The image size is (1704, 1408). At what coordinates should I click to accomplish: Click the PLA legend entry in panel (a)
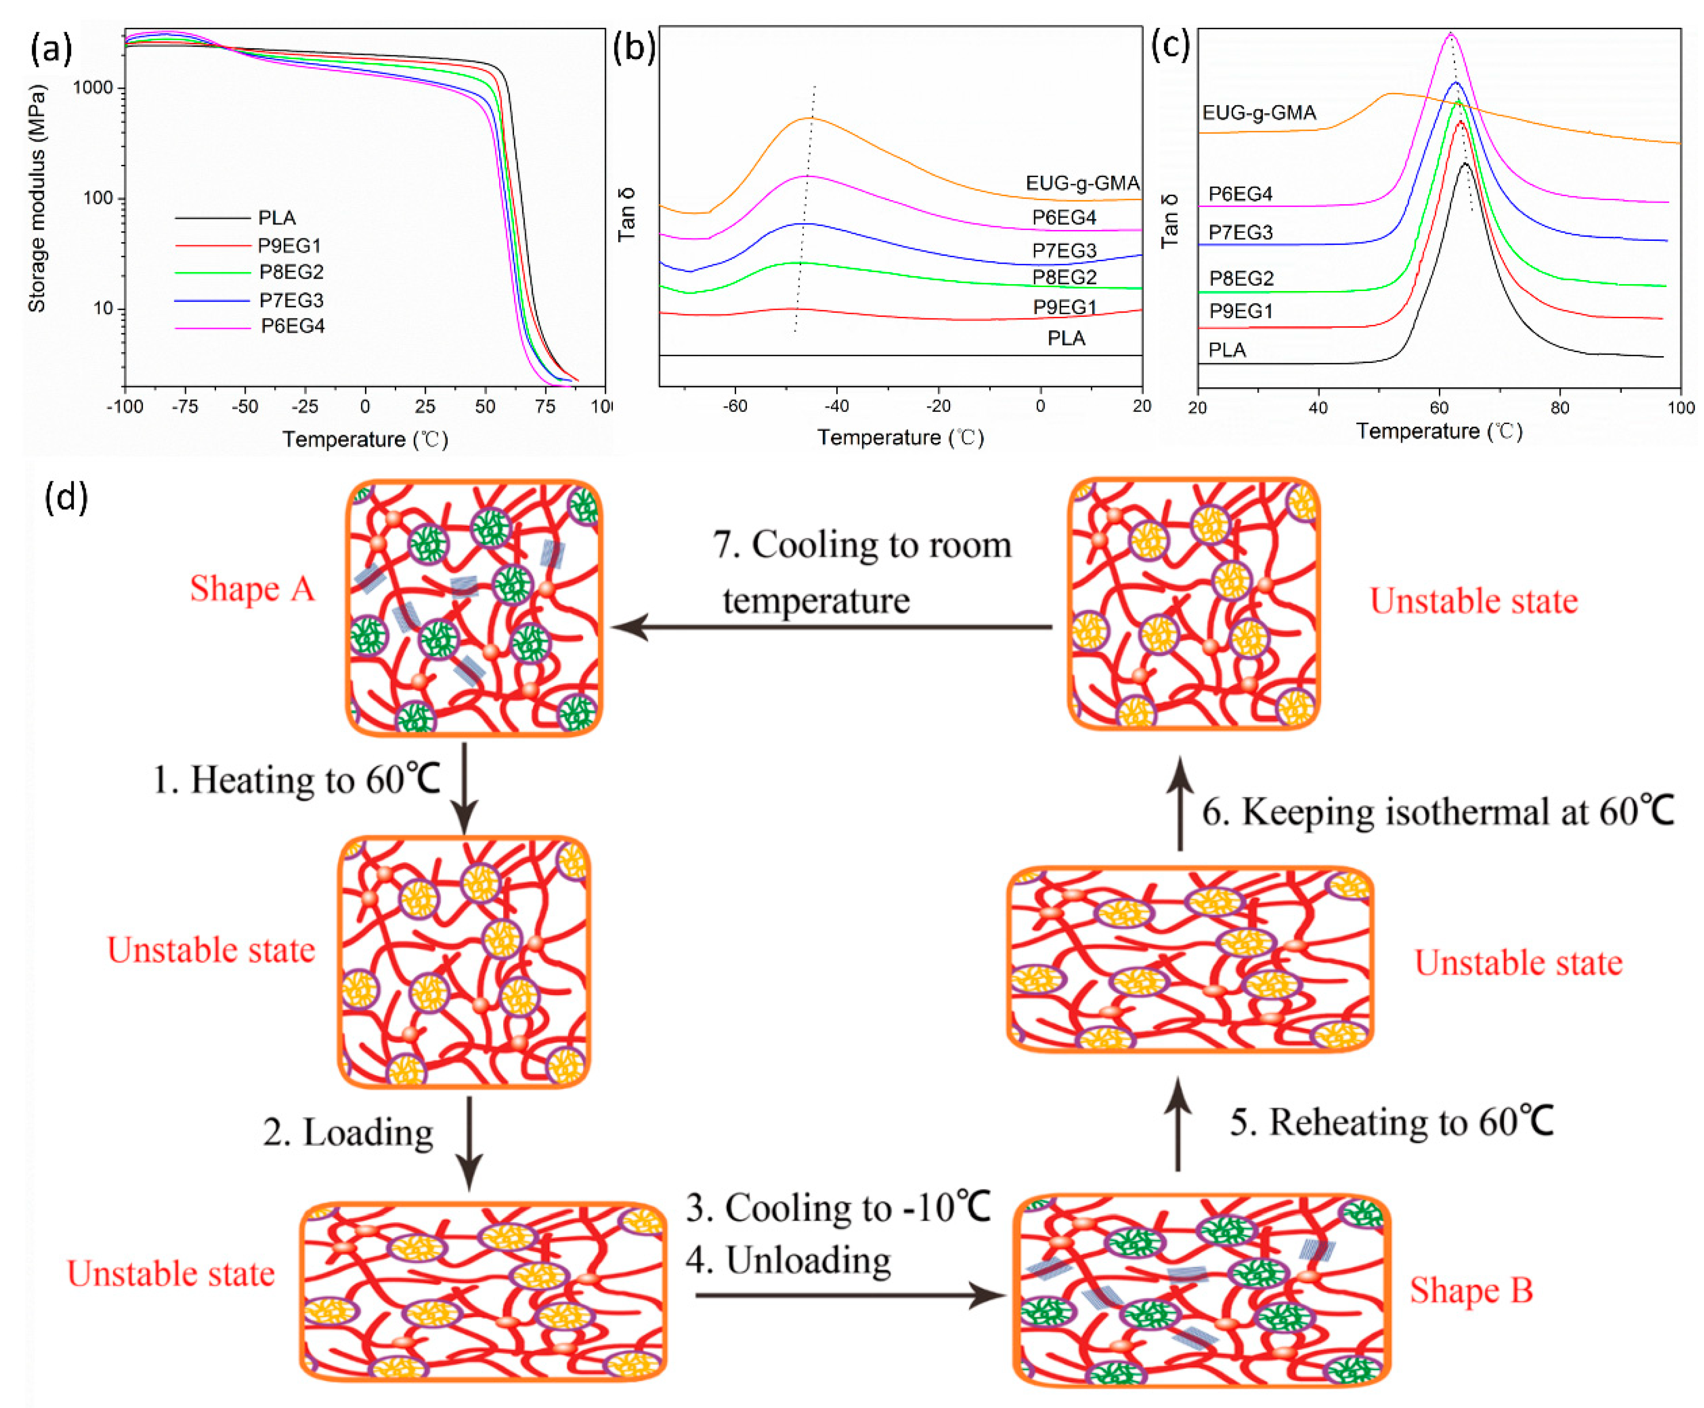click(x=277, y=218)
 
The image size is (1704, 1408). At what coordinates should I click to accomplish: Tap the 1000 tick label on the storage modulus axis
click(x=93, y=87)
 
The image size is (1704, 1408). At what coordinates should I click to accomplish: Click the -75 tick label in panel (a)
click(x=185, y=406)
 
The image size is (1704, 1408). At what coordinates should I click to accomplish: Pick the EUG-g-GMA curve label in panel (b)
click(x=1082, y=183)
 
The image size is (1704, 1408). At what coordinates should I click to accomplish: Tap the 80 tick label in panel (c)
click(x=1559, y=407)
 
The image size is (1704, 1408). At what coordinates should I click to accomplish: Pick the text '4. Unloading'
click(x=788, y=1260)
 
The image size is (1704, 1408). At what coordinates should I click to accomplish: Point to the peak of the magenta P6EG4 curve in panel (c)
click(x=1449, y=34)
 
